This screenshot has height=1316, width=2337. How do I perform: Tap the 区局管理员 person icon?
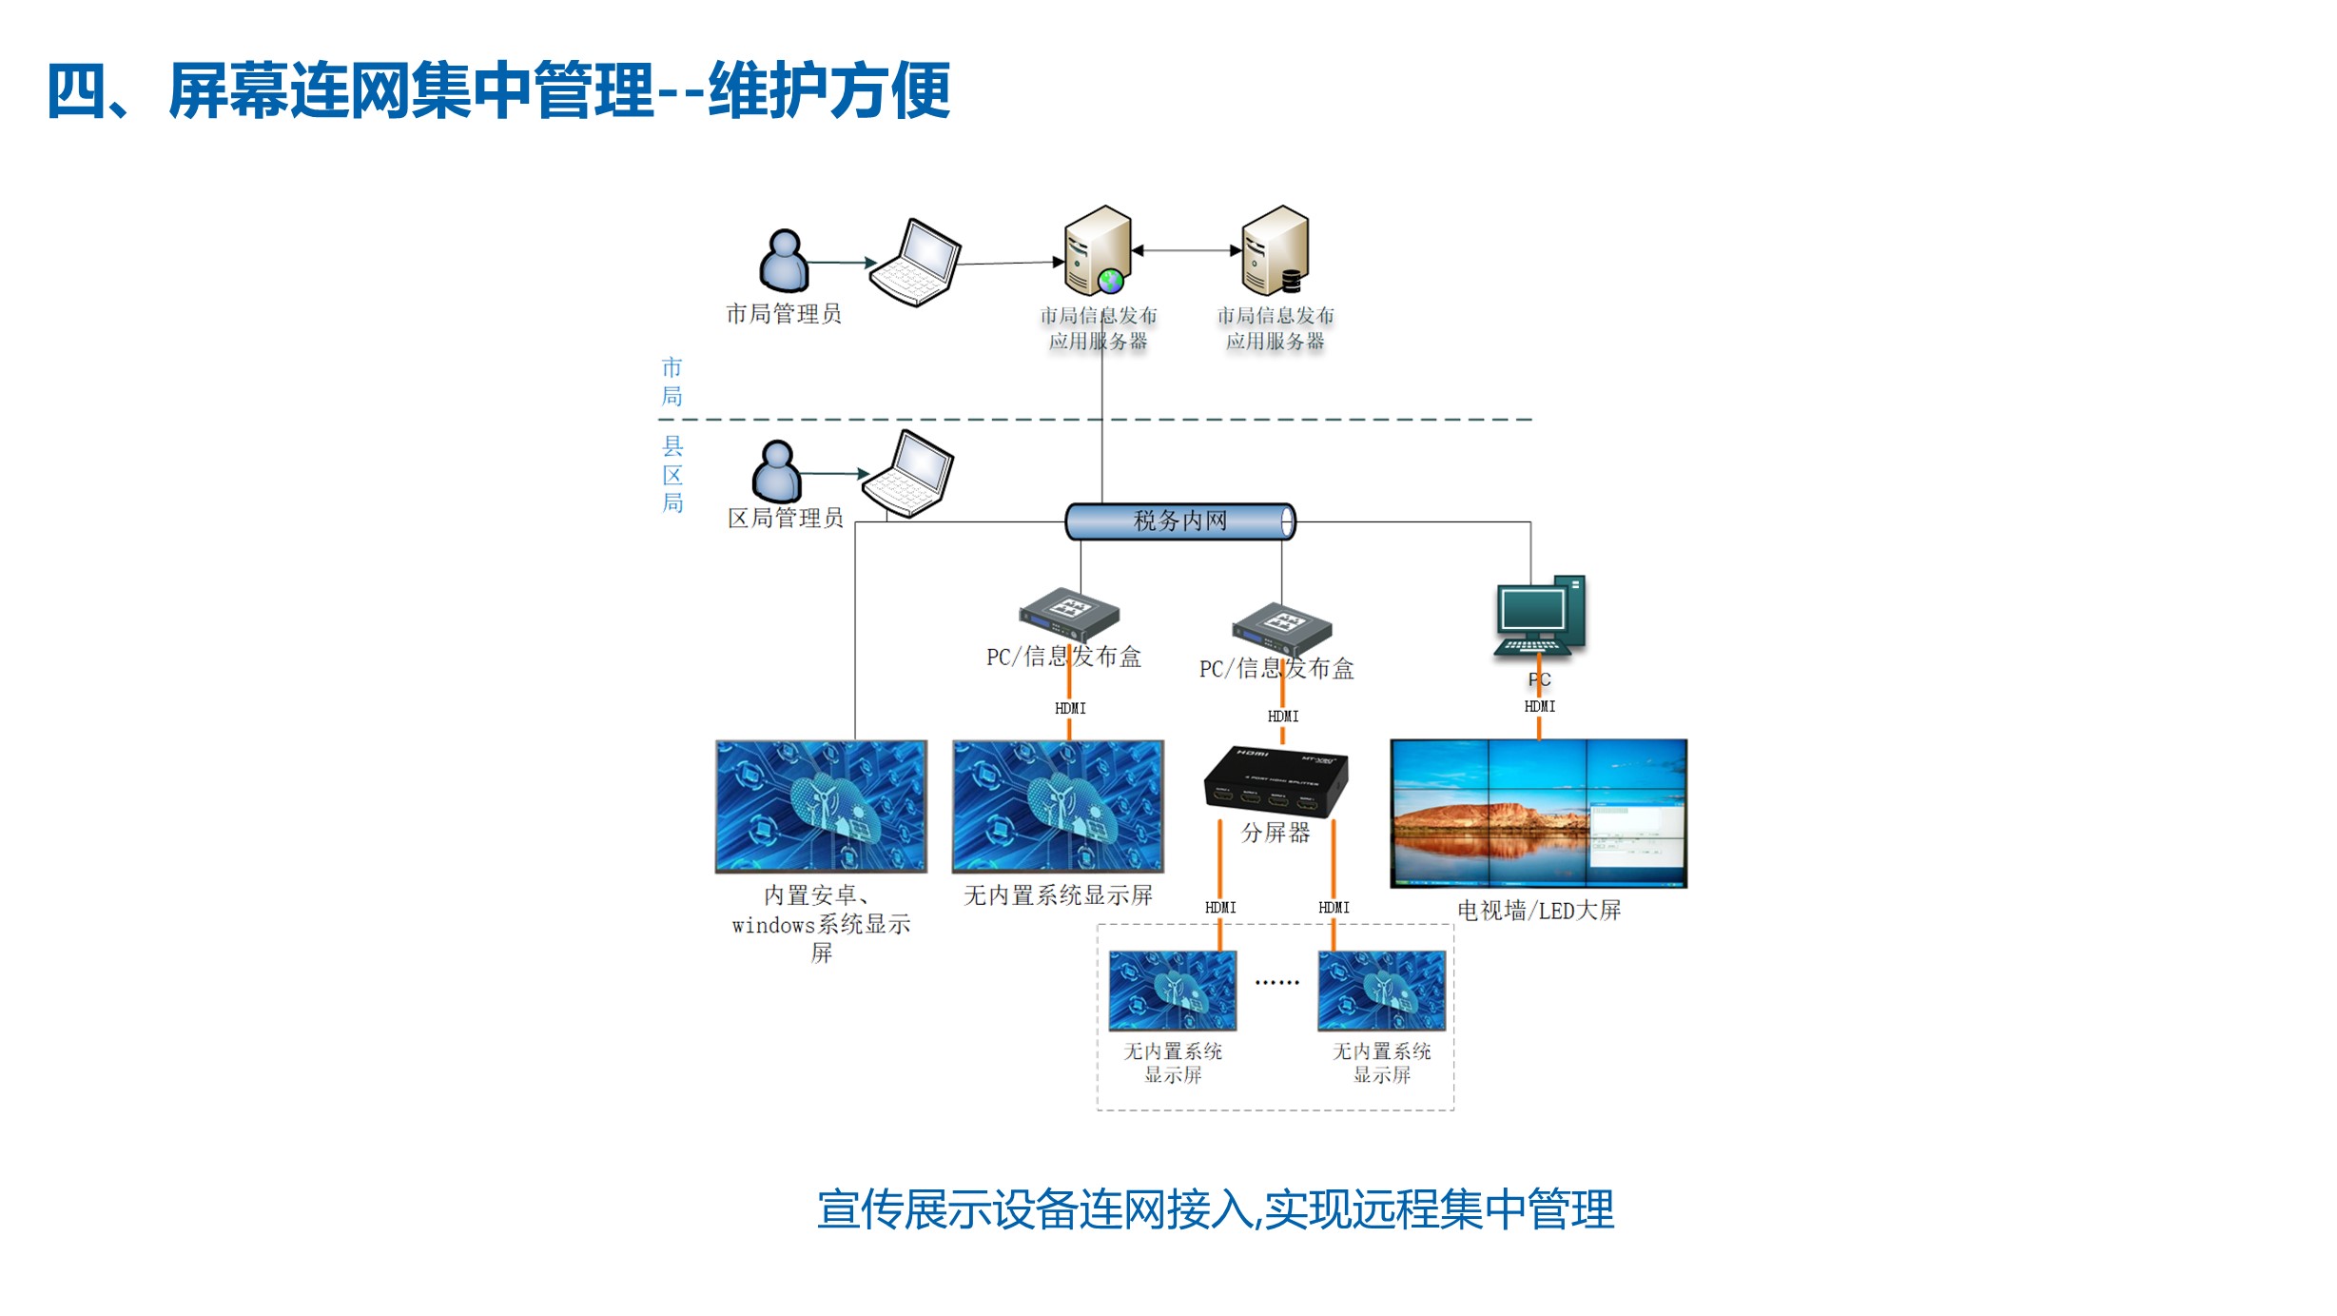(777, 471)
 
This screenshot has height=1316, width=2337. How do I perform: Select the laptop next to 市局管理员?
(916, 263)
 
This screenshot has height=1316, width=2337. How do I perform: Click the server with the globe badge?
(1098, 250)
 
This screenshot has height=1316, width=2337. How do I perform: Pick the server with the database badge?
(1276, 250)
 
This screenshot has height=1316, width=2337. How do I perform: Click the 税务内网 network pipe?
(1179, 521)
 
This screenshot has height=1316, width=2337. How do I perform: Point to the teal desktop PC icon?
(1540, 616)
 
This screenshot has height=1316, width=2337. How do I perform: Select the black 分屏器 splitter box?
(1276, 777)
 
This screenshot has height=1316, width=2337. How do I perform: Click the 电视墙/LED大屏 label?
(1538, 911)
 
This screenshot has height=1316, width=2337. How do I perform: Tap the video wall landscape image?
(1538, 814)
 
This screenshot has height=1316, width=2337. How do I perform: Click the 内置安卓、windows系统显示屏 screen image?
(821, 806)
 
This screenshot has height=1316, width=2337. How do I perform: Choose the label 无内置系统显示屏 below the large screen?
(1058, 895)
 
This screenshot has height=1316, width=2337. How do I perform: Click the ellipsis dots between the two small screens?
(1276, 983)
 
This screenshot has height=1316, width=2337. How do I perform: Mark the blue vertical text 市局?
(672, 382)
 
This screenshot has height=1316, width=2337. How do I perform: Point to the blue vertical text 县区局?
(672, 474)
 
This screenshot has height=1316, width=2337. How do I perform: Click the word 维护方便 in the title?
(829, 91)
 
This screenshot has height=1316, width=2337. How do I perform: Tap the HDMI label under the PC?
(1540, 706)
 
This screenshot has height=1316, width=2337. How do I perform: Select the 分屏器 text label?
(1276, 833)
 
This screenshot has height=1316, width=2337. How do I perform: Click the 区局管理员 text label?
(786, 519)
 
